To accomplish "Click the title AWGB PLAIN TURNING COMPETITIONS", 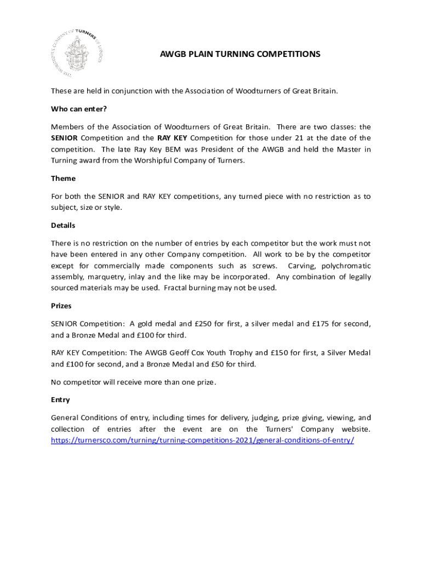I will click(239, 54).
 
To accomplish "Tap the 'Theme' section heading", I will click(63, 178).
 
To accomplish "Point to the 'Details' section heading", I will click(63, 225).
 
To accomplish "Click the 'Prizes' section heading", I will click(61, 306).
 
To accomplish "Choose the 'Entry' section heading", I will click(60, 400).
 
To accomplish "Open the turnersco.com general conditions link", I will click(202, 440).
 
